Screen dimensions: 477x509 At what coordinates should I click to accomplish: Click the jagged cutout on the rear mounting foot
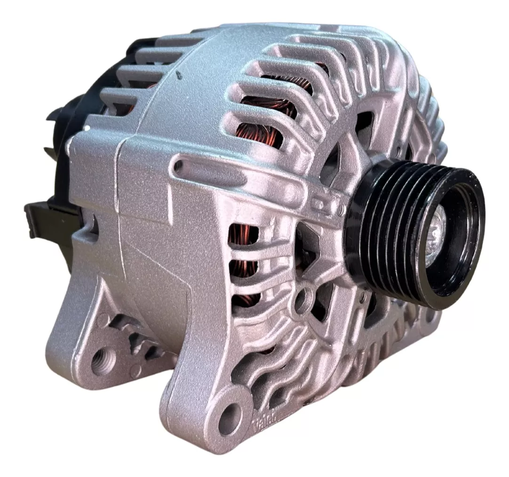point(136,336)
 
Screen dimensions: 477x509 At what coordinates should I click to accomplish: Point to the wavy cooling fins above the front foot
point(273,362)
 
